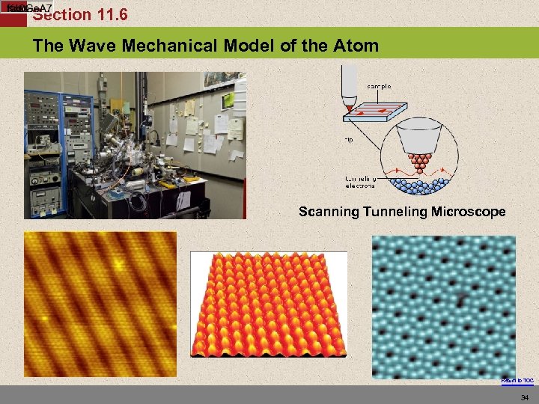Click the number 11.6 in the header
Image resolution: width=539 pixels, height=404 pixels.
coord(108,14)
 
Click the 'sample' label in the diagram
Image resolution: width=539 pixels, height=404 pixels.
coord(379,86)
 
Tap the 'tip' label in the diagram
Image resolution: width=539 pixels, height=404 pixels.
coord(350,139)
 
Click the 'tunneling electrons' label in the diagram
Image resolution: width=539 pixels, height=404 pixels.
coord(361,182)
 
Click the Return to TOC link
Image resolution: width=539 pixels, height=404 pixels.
coord(517,381)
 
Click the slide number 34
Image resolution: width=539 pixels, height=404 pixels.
coord(523,397)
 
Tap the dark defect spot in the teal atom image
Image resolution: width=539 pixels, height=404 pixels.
coord(459,301)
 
